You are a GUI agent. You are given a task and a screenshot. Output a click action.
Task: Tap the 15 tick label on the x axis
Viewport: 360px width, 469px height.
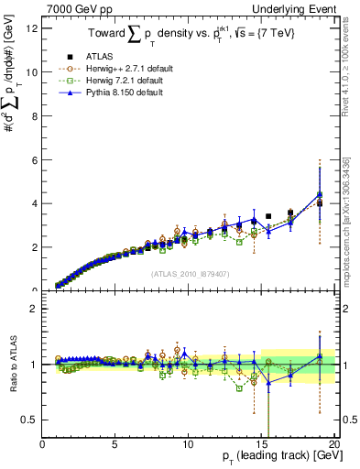pyautogui.click(x=262, y=446)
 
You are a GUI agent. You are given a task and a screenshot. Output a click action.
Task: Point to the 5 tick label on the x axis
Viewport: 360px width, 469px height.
pyautogui.click(x=115, y=446)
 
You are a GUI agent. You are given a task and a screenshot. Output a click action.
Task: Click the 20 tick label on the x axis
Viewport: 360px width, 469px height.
pyautogui.click(x=333, y=446)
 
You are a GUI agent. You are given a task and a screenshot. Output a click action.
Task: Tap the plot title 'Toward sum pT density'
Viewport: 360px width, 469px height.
pyautogui.click(x=188, y=36)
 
